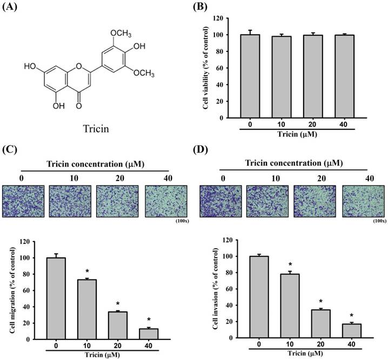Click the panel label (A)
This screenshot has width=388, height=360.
click(x=12, y=8)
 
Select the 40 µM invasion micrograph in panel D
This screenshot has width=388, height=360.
click(x=363, y=201)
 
